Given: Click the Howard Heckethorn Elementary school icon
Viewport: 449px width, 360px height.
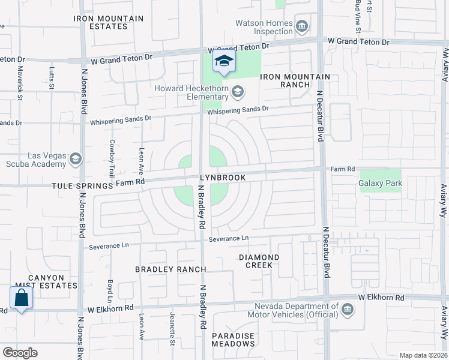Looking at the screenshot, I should (238, 91).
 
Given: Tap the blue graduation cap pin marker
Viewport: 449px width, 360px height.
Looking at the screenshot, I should (224, 62).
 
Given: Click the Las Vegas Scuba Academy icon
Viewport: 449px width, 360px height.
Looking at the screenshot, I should (76, 159).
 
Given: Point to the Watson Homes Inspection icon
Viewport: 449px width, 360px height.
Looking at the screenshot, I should (302, 26).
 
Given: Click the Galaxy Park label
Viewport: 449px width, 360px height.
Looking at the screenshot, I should (380, 182).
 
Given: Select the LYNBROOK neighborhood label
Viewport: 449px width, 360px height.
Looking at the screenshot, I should (223, 178).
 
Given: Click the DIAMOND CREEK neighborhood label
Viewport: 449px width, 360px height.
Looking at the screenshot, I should (259, 261).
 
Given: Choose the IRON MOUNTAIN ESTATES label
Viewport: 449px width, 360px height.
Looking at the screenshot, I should (109, 22).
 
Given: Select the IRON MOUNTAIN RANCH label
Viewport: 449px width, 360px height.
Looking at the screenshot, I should (295, 80).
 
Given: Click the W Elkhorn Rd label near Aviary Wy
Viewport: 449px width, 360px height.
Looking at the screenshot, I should (382, 297).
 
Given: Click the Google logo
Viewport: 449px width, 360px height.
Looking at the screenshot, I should (20, 353).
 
